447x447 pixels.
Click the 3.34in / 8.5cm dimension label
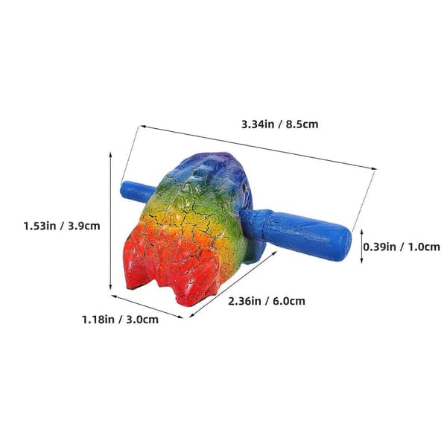(279, 124)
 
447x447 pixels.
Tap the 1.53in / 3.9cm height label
(62, 226)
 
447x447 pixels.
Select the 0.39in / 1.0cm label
(402, 247)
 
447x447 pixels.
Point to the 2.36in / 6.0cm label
(267, 301)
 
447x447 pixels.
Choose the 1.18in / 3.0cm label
(120, 320)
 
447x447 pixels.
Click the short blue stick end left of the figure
(136, 192)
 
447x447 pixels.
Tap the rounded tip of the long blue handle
(343, 244)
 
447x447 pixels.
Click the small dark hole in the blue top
(244, 187)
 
